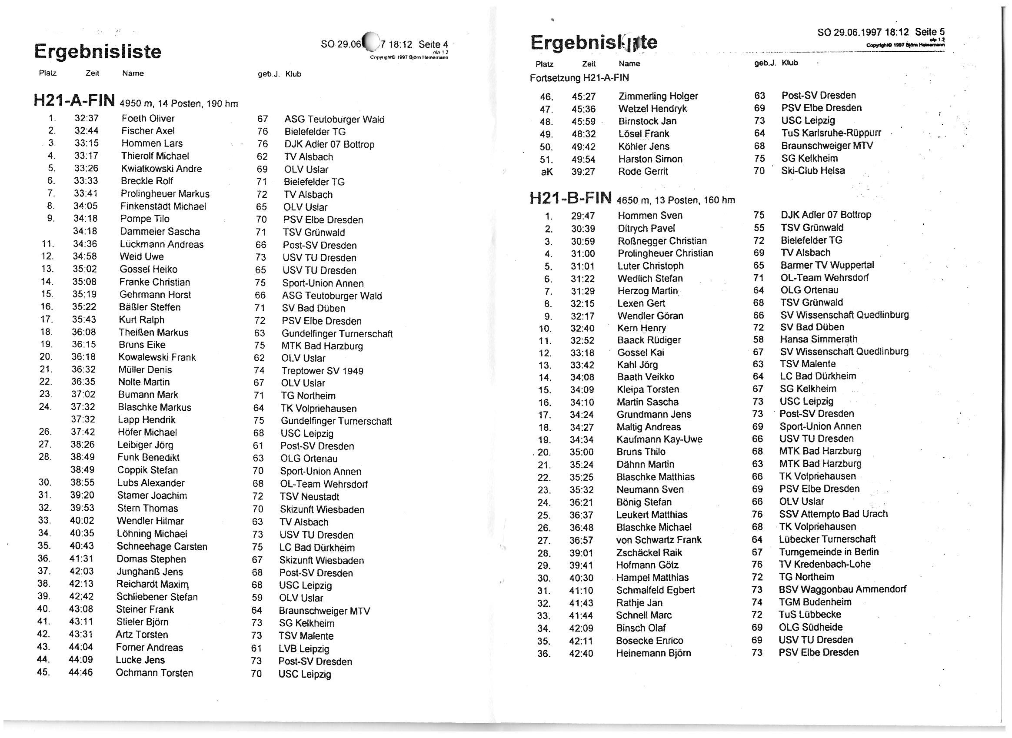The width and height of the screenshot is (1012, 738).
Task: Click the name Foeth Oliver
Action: point(148,118)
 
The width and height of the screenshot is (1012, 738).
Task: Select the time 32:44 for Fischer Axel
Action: point(86,131)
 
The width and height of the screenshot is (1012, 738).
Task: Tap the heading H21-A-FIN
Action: point(74,100)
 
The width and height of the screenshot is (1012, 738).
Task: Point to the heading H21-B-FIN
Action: point(570,198)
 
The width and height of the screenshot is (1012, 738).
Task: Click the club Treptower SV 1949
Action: point(322,371)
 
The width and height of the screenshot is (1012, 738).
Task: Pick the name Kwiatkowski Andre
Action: point(161,168)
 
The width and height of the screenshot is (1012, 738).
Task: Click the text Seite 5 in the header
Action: point(929,32)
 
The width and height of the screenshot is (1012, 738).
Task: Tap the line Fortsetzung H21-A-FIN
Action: point(579,78)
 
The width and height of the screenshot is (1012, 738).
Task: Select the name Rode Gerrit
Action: point(643,171)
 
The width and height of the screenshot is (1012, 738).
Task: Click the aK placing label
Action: point(546,172)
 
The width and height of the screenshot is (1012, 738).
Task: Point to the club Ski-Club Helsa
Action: point(813,171)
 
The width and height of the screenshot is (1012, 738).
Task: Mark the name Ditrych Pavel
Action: point(646,228)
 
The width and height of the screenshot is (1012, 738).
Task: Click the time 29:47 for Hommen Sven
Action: point(583,216)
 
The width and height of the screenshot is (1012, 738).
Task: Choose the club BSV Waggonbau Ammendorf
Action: point(842,589)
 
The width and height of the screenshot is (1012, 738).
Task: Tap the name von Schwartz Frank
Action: point(659,540)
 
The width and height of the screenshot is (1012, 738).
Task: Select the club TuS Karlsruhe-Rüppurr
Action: point(831,133)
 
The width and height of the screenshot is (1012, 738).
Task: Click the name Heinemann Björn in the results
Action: point(653,653)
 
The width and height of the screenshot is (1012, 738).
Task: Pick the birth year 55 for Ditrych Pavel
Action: point(759,228)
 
